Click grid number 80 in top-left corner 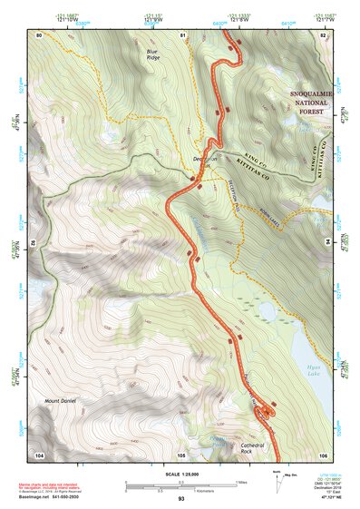click(x=39, y=34)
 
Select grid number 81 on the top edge click(x=182, y=34)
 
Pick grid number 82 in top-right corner click(x=322, y=34)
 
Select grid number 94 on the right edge click(x=328, y=242)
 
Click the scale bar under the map click(x=180, y=485)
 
